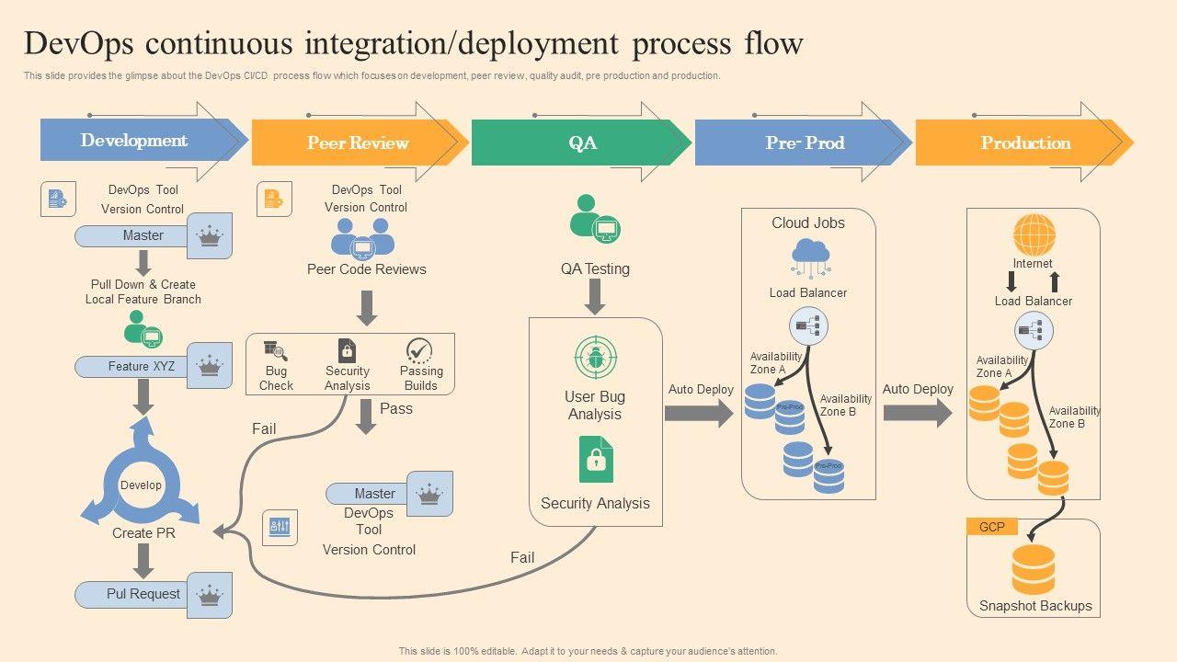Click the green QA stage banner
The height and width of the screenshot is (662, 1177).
(581, 143)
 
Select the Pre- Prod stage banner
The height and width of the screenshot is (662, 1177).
(804, 143)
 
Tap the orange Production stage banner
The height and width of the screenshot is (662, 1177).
(1024, 143)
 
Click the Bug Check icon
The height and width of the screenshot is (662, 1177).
(276, 351)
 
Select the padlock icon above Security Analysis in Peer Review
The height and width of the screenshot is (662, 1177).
(347, 350)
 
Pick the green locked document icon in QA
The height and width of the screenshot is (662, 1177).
(596, 459)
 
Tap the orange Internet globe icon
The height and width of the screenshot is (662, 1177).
(1034, 234)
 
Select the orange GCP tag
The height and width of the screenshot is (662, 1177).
(991, 527)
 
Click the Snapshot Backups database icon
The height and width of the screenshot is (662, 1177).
(1034, 569)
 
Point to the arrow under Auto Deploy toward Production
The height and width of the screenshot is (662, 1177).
(918, 413)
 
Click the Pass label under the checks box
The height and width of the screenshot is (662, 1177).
(396, 408)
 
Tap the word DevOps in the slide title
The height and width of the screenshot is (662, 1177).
(83, 43)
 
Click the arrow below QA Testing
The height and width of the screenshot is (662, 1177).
(595, 296)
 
